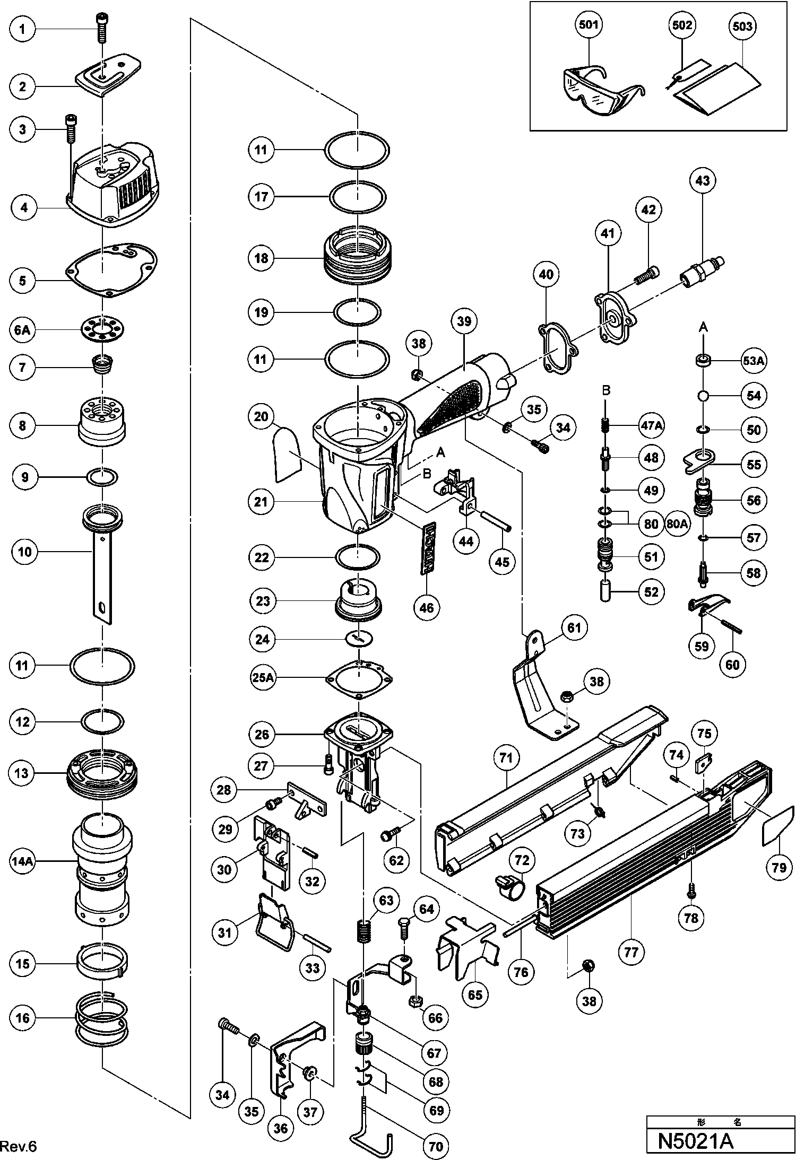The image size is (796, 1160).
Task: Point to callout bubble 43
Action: tap(702, 181)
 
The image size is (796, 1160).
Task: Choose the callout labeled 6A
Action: tap(22, 330)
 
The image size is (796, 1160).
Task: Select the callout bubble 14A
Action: tap(22, 862)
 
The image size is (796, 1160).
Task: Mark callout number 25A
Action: tap(263, 678)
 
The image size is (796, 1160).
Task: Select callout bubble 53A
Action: tap(754, 361)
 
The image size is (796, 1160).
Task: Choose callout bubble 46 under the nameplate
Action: tap(427, 607)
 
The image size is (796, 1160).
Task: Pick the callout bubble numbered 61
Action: tap(574, 628)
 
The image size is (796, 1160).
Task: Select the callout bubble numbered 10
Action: tap(24, 552)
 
